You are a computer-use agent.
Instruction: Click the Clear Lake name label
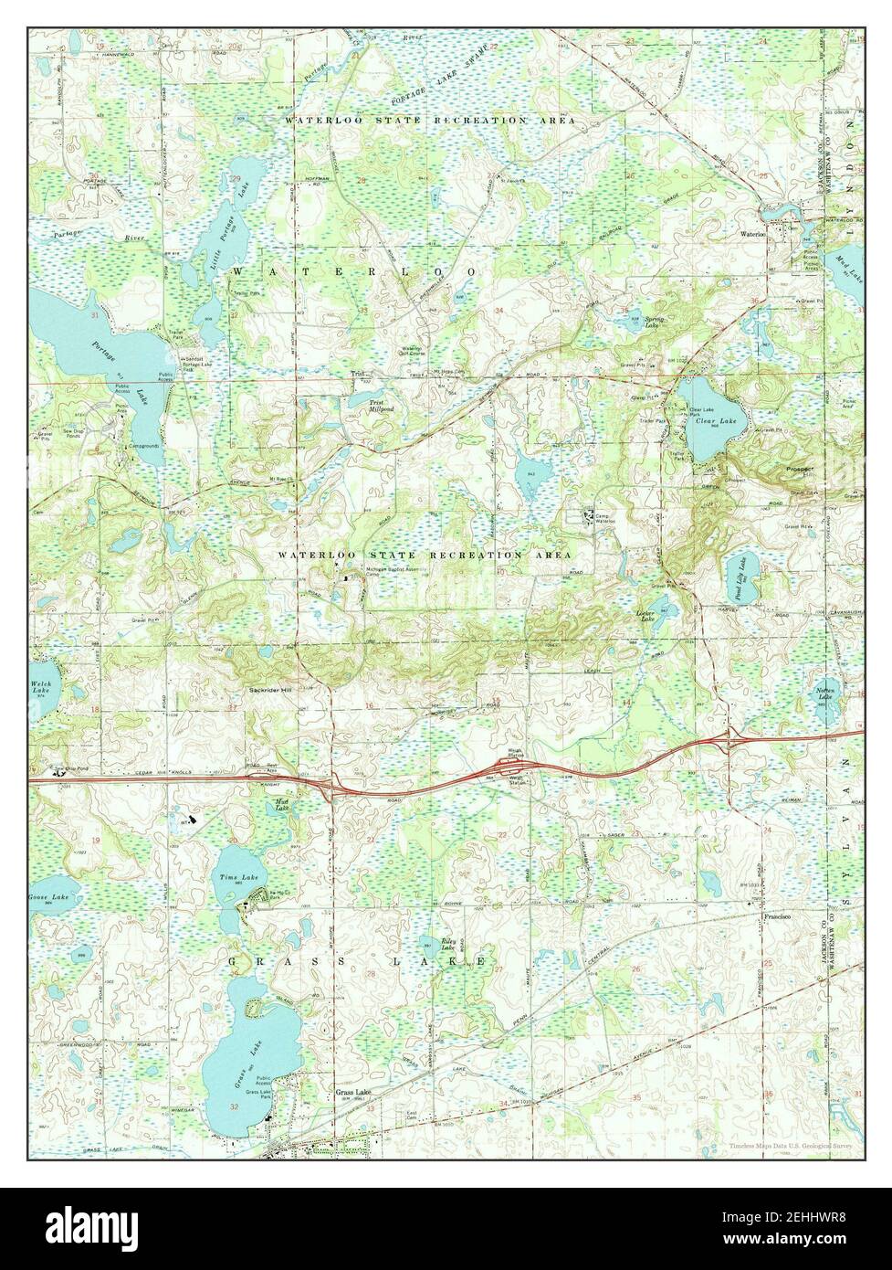[716, 421]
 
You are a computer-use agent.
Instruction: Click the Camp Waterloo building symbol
[589, 516]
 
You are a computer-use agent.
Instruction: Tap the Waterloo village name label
[752, 234]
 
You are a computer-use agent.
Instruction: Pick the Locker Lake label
[646, 617]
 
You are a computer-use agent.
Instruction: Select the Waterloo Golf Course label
[413, 351]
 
